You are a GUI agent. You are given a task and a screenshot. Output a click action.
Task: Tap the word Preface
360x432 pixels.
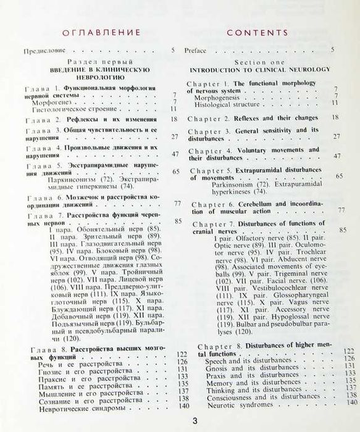(196, 51)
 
